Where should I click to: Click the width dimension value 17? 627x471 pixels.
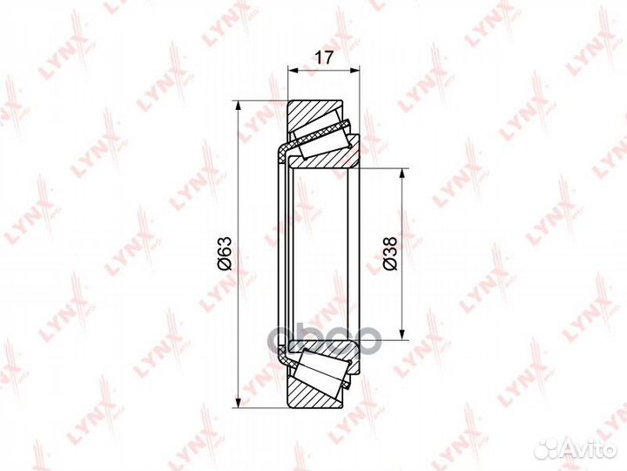point(323,58)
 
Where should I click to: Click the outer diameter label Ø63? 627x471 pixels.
point(225,253)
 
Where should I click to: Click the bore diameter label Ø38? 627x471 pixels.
point(389,253)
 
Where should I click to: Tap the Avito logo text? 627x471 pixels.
point(591,449)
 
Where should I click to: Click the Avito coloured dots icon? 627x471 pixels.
point(549,449)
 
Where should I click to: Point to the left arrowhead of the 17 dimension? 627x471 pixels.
point(293,71)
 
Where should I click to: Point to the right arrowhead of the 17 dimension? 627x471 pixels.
point(354,71)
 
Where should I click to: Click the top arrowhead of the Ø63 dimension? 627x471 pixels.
point(239,106)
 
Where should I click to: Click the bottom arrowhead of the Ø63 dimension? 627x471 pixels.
point(239,402)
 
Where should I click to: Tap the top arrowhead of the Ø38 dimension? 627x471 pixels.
point(401,174)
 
